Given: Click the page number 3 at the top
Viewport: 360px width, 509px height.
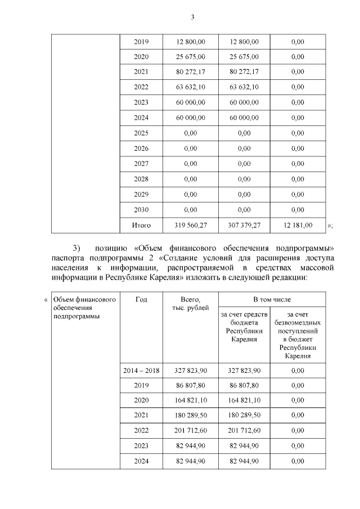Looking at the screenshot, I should tap(192, 17).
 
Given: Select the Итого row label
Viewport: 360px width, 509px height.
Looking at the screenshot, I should tap(141, 226).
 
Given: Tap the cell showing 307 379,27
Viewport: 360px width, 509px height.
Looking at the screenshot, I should tap(244, 226).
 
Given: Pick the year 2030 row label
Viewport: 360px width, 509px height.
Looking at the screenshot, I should tap(141, 209).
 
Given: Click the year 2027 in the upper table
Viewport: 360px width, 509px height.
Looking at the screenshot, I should tap(141, 164).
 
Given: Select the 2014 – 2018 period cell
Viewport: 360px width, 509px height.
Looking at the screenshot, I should tap(141, 371).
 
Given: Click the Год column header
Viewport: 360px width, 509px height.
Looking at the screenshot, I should tap(141, 300).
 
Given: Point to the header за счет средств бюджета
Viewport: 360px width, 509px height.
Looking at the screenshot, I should tap(244, 327).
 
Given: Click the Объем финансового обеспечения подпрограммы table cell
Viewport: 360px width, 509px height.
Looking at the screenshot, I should tap(84, 308).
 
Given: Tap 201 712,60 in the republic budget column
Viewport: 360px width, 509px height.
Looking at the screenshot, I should tap(244, 431).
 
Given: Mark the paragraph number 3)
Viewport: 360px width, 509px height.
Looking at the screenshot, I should tap(77, 248).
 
